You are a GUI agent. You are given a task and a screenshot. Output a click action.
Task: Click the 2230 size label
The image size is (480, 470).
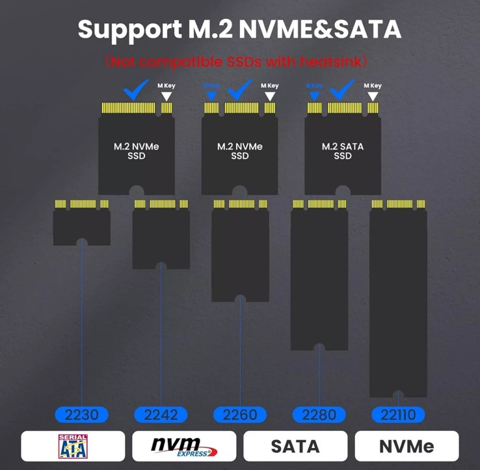tap(81, 415)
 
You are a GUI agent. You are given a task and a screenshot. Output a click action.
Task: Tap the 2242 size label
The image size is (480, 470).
tap(161, 415)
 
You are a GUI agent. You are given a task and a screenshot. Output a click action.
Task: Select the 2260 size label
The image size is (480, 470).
tap(240, 415)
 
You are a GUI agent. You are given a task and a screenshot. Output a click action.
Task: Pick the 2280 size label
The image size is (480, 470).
tap(319, 415)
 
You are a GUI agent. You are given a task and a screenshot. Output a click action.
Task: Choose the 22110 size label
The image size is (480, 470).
tap(398, 415)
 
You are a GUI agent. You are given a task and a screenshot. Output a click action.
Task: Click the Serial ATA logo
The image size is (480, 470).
tap(73, 446)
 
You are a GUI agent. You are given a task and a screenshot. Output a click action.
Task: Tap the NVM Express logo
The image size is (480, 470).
tap(184, 446)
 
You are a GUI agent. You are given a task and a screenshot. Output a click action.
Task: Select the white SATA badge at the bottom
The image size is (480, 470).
tap(295, 447)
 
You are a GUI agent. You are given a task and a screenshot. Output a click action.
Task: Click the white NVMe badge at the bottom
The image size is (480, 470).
tap(407, 447)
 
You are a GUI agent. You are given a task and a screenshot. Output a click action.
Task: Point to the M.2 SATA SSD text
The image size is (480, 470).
tap(343, 151)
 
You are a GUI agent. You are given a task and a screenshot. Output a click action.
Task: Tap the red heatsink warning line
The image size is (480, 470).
tap(239, 62)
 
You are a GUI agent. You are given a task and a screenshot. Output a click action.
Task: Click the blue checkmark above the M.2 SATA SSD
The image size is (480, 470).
tap(342, 90)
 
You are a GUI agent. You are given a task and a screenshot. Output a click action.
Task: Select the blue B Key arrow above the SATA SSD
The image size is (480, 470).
tap(314, 96)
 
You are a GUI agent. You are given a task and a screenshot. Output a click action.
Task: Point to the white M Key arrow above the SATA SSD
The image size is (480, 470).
tap(373, 96)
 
